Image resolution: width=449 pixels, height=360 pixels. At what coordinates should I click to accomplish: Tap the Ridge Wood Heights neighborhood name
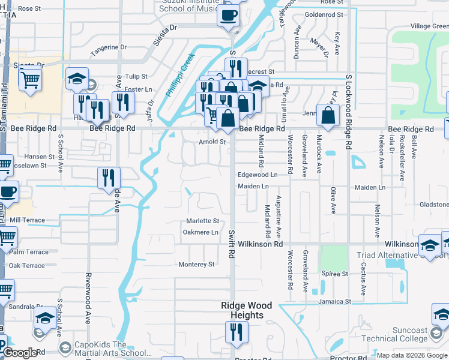(242, 310)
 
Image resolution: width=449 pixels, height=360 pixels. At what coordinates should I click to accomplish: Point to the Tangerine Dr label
(109, 47)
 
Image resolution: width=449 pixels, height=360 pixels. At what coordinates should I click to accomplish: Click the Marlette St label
(202, 221)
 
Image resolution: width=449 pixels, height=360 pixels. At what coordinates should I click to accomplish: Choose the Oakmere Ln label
(200, 232)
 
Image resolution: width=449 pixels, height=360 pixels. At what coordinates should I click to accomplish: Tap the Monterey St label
(196, 264)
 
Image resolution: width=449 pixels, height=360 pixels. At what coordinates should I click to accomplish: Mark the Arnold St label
(212, 142)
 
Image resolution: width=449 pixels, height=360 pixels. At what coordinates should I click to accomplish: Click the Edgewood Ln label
(258, 175)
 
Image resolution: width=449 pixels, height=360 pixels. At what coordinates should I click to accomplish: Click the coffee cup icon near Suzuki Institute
(228, 16)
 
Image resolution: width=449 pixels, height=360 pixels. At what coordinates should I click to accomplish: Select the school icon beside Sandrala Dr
(45, 319)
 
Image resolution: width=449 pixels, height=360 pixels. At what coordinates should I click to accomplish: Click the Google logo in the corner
(20, 353)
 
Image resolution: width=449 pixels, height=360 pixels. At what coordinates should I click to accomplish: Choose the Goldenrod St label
(324, 14)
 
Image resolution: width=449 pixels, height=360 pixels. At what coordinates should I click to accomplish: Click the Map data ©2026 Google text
(412, 355)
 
